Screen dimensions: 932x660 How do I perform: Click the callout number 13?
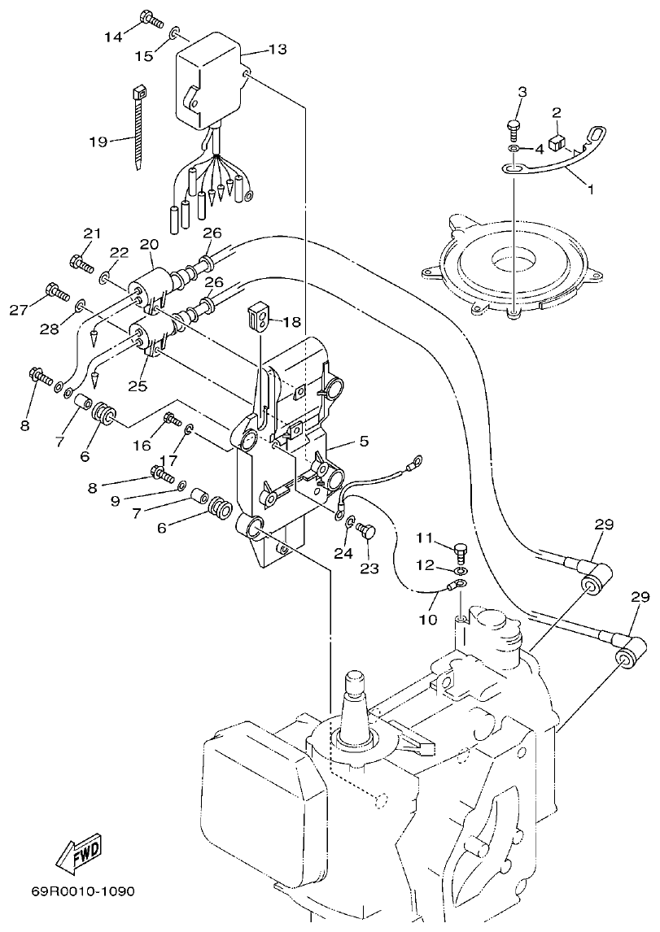coord(277,50)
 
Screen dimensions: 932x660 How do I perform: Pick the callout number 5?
coord(363,442)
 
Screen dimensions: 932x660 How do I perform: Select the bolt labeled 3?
coord(514,125)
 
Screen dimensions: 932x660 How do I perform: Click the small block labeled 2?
coord(557,144)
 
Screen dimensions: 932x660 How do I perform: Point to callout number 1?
coord(591,189)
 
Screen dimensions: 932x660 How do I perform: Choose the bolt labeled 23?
coord(365,533)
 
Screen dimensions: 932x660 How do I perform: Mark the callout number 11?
coord(425,538)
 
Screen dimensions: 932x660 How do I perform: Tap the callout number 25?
coord(137,385)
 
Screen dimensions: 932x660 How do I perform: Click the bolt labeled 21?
coord(80,262)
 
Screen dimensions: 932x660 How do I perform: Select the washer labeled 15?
coord(175,35)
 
